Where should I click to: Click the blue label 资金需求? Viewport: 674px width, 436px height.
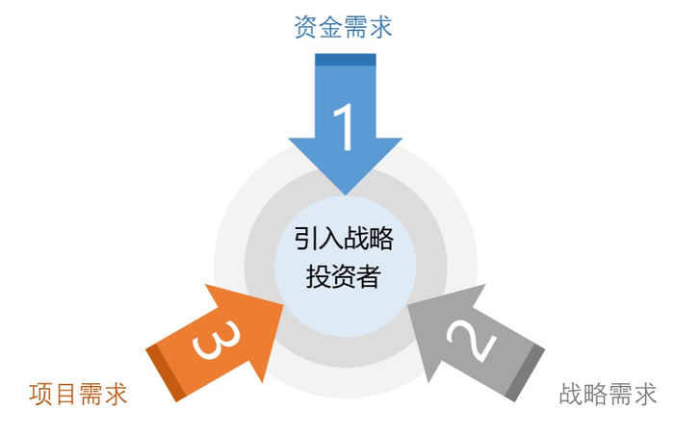(344, 26)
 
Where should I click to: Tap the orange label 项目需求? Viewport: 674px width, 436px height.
(78, 395)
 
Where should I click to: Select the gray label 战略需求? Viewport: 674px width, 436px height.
(608, 395)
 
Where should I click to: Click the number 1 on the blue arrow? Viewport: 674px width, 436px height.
(344, 125)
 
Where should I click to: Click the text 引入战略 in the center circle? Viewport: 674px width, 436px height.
(344, 238)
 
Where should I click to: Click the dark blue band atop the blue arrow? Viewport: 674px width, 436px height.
(345, 60)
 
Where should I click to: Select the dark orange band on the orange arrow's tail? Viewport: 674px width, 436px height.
(164, 372)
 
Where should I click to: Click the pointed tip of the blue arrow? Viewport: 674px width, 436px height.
(345, 192)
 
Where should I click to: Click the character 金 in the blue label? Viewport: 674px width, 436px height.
(331, 26)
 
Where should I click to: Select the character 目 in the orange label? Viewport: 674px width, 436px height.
(65, 395)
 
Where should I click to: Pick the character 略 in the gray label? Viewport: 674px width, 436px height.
(595, 395)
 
